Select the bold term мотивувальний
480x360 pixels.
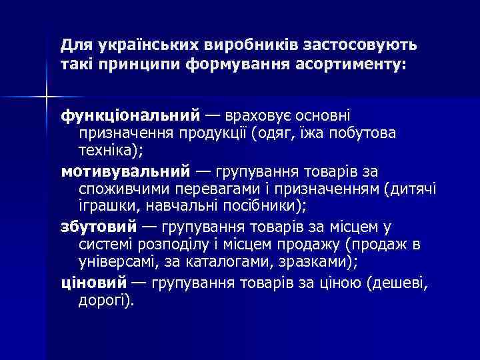(125, 171)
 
